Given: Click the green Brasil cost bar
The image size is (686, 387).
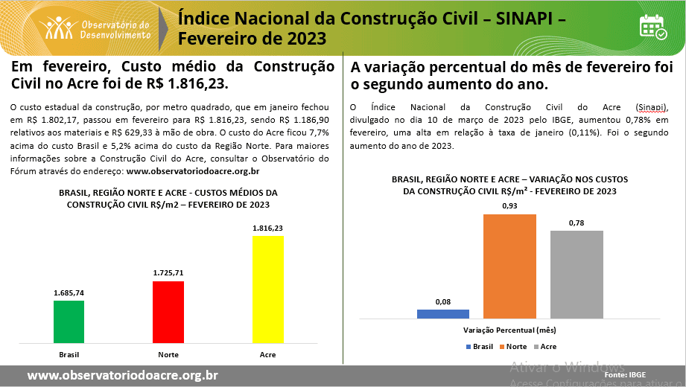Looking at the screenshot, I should [69, 322].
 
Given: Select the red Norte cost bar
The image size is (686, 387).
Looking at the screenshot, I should [168, 312].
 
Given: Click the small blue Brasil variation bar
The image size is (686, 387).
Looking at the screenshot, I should [442, 314].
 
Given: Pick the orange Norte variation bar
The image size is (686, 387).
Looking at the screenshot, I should [509, 266].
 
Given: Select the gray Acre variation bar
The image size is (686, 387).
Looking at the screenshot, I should [577, 274].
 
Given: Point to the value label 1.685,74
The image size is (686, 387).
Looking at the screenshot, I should [69, 292].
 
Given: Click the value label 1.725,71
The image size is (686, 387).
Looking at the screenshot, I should [168, 272].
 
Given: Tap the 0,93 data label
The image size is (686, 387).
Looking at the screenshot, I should [509, 205].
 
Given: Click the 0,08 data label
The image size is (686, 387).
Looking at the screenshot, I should [443, 301].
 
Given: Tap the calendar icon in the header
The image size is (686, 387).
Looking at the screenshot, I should [653, 26].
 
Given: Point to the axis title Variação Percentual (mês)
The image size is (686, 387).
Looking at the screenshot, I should [510, 330].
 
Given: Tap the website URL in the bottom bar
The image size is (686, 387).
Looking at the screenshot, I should [123, 375].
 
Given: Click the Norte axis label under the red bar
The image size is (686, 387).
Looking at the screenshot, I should [168, 354].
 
